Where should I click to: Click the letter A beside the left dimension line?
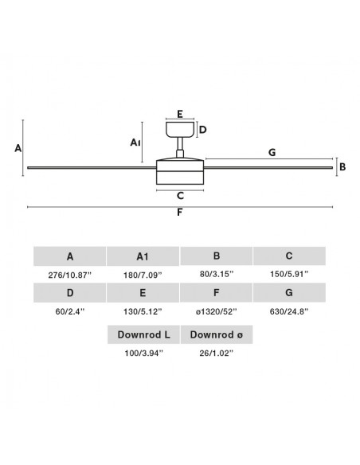point(18,148)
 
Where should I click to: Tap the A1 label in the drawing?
point(135,143)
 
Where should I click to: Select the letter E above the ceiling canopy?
point(180,114)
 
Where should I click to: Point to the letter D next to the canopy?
point(203,130)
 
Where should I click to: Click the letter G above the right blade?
point(272,152)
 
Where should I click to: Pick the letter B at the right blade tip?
point(342,167)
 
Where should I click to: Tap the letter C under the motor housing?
point(180,196)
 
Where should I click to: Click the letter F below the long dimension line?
point(180,213)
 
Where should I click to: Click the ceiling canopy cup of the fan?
point(180,130)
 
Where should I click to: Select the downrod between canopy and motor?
point(180,147)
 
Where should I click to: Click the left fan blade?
point(92,168)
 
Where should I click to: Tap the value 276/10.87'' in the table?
point(69,275)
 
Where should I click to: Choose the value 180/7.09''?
point(143,275)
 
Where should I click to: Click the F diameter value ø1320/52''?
point(216,311)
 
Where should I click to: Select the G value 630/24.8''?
point(289,311)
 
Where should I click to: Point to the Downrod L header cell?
point(143,334)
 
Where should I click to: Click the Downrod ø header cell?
point(217,334)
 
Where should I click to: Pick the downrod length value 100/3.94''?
point(144,353)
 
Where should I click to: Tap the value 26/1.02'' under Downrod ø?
point(217,353)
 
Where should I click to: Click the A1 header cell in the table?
point(143,256)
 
